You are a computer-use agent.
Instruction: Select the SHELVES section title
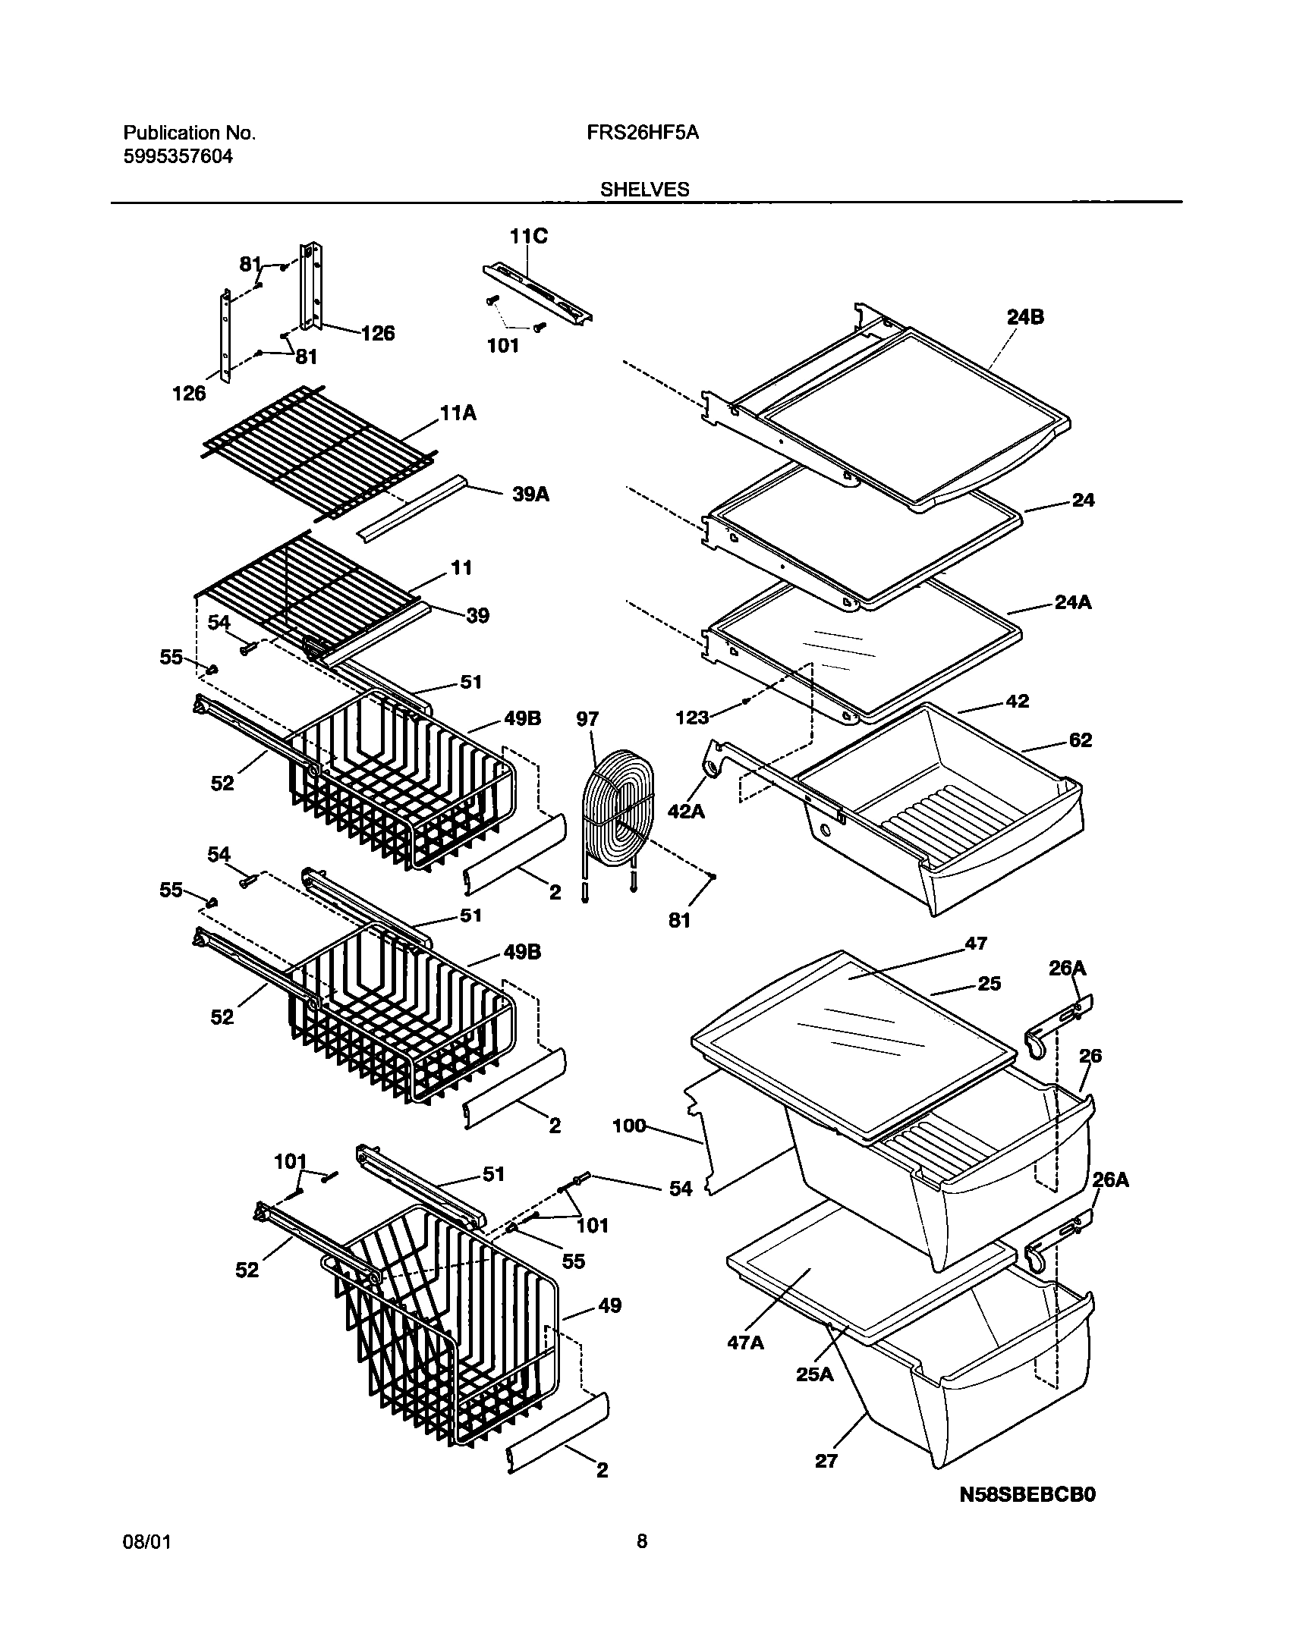(x=645, y=190)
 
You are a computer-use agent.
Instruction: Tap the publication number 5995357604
(x=178, y=157)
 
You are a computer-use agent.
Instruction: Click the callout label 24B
(x=1025, y=317)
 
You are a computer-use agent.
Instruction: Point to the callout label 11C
(x=528, y=237)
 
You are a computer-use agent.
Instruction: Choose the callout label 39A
(x=531, y=495)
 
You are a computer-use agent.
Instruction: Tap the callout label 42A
(x=686, y=811)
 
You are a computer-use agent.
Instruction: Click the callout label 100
(x=629, y=1126)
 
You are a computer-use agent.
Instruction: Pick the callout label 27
(x=826, y=1460)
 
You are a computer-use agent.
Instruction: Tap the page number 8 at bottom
(x=642, y=1562)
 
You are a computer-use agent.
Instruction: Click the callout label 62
(x=1080, y=740)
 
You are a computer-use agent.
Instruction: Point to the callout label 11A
(x=458, y=413)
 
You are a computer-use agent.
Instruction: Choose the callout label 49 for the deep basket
(x=609, y=1305)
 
